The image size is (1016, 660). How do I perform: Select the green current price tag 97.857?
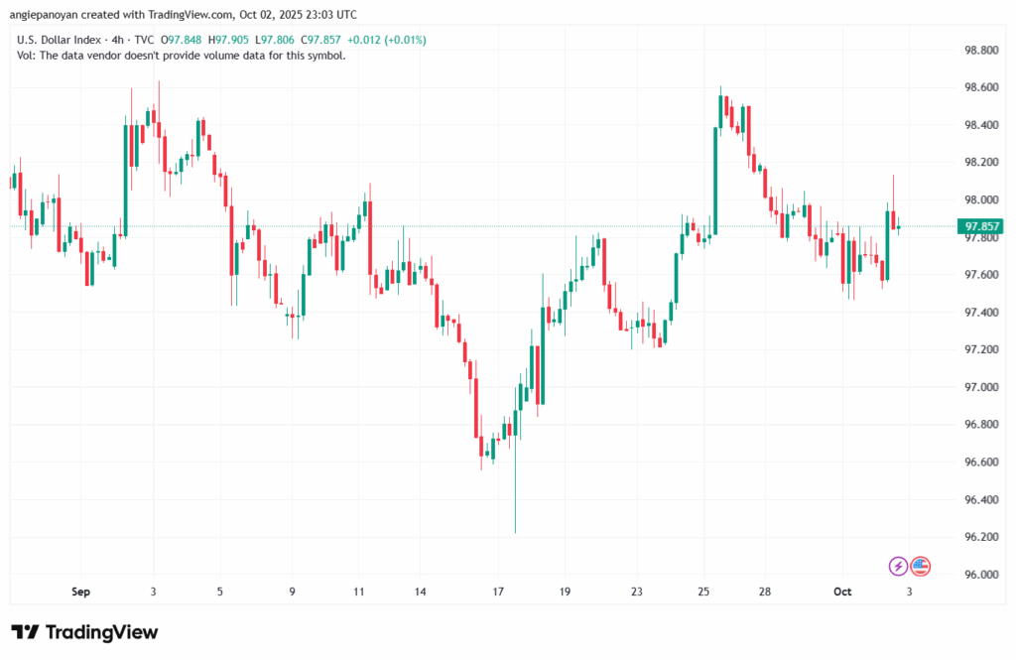point(980,226)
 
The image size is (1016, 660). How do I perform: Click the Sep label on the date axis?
point(81,593)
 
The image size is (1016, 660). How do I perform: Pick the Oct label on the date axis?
point(842,593)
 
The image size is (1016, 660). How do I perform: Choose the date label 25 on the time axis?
point(703,593)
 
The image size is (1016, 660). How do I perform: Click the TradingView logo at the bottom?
point(84,632)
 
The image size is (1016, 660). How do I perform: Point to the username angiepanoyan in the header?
point(51,15)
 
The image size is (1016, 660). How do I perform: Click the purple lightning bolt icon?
point(898,566)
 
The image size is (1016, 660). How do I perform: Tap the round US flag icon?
point(920,566)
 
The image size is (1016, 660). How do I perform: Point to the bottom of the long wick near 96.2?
point(516,531)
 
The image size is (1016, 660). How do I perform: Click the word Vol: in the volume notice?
point(28,56)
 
